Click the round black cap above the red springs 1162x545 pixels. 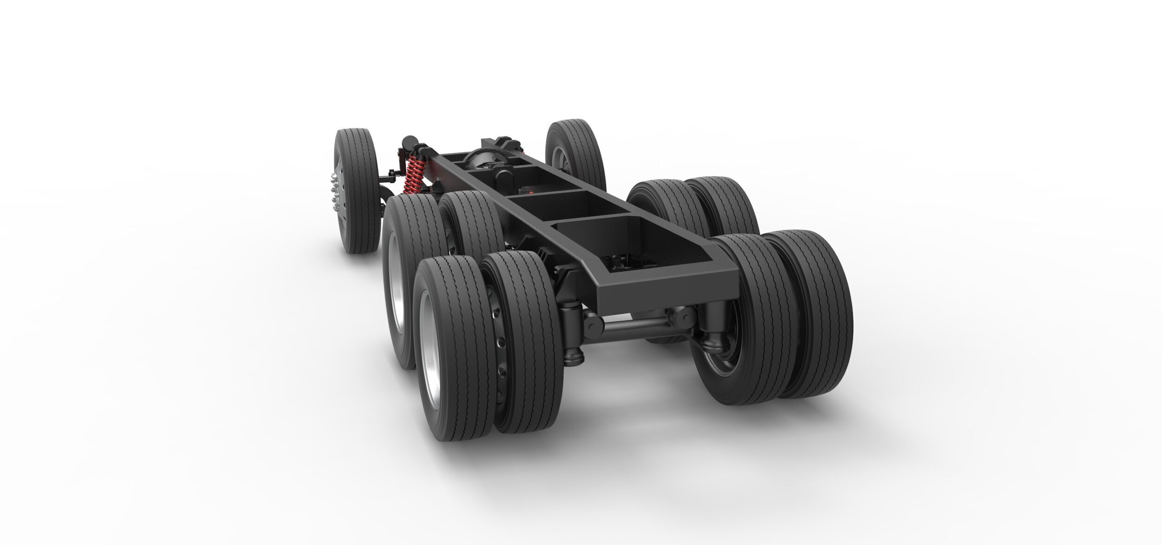409,140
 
